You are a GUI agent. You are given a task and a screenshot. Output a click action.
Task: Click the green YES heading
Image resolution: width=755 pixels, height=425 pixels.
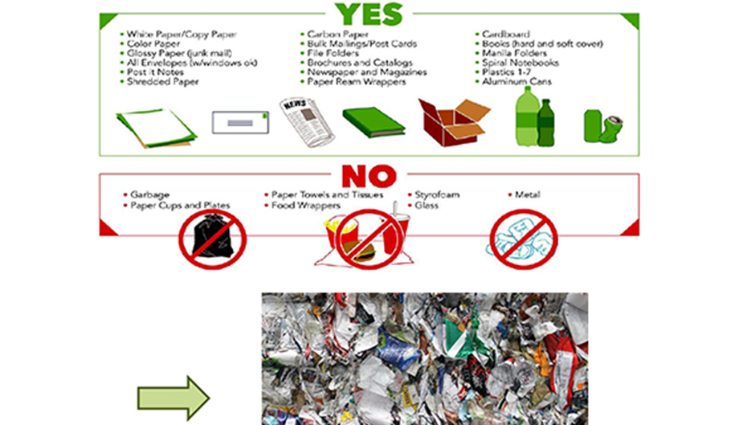pos(369,14)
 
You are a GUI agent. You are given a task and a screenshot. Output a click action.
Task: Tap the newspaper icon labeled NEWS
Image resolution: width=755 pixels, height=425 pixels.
pos(306,122)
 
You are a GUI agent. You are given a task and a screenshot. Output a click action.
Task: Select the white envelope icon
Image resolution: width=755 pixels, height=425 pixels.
pos(240,122)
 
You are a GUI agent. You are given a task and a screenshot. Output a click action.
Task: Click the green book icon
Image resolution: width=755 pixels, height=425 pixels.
pos(373,122)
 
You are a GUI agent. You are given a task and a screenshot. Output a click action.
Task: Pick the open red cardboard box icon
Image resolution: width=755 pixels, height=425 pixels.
pos(454,122)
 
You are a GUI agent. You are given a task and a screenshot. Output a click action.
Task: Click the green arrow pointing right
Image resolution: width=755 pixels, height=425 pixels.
pos(173,398)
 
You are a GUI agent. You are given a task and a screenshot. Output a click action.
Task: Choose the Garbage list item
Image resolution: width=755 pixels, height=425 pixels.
pos(149,195)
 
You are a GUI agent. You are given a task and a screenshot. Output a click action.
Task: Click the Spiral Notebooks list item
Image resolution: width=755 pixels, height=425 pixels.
pos(520,63)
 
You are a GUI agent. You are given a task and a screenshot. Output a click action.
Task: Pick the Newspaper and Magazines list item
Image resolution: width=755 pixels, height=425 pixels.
pos(366,72)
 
